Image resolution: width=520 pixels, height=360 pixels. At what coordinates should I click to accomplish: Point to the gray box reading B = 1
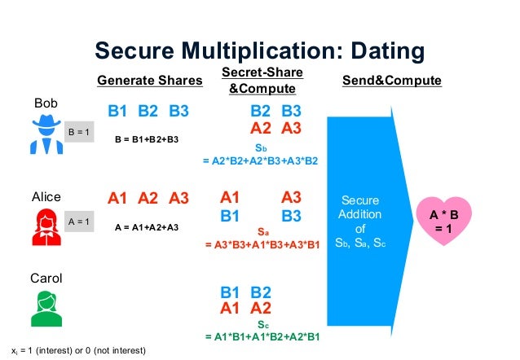(79, 131)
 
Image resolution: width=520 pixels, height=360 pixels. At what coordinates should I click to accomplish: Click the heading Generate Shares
(149, 81)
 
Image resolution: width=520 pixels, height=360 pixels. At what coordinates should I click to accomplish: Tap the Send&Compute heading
(392, 81)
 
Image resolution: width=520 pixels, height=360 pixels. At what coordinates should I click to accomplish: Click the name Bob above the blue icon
(46, 105)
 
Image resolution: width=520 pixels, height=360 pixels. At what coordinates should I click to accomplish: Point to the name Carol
(46, 279)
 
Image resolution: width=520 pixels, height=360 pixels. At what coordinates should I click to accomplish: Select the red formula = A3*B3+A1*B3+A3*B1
(259, 244)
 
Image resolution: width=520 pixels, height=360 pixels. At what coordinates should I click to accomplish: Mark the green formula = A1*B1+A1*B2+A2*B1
(259, 336)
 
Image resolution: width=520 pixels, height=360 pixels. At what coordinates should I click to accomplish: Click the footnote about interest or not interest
(78, 350)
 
